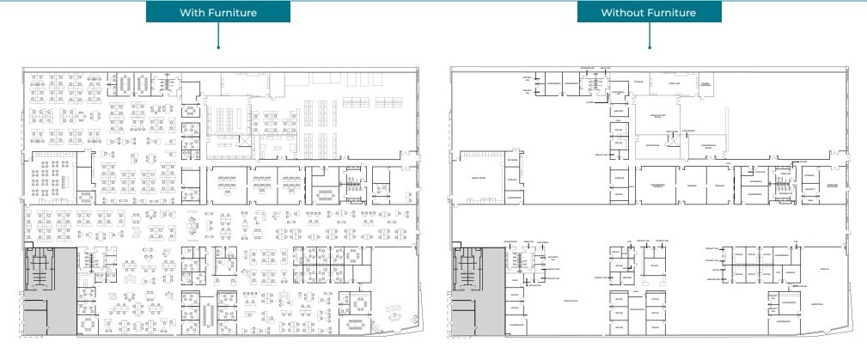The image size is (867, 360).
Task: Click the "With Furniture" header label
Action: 218,13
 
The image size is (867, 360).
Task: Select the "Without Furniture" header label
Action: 648,13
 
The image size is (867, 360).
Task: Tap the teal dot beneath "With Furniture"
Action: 219,48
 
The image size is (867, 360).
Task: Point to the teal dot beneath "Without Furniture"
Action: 649,48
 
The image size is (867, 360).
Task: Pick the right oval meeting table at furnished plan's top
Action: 142,82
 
